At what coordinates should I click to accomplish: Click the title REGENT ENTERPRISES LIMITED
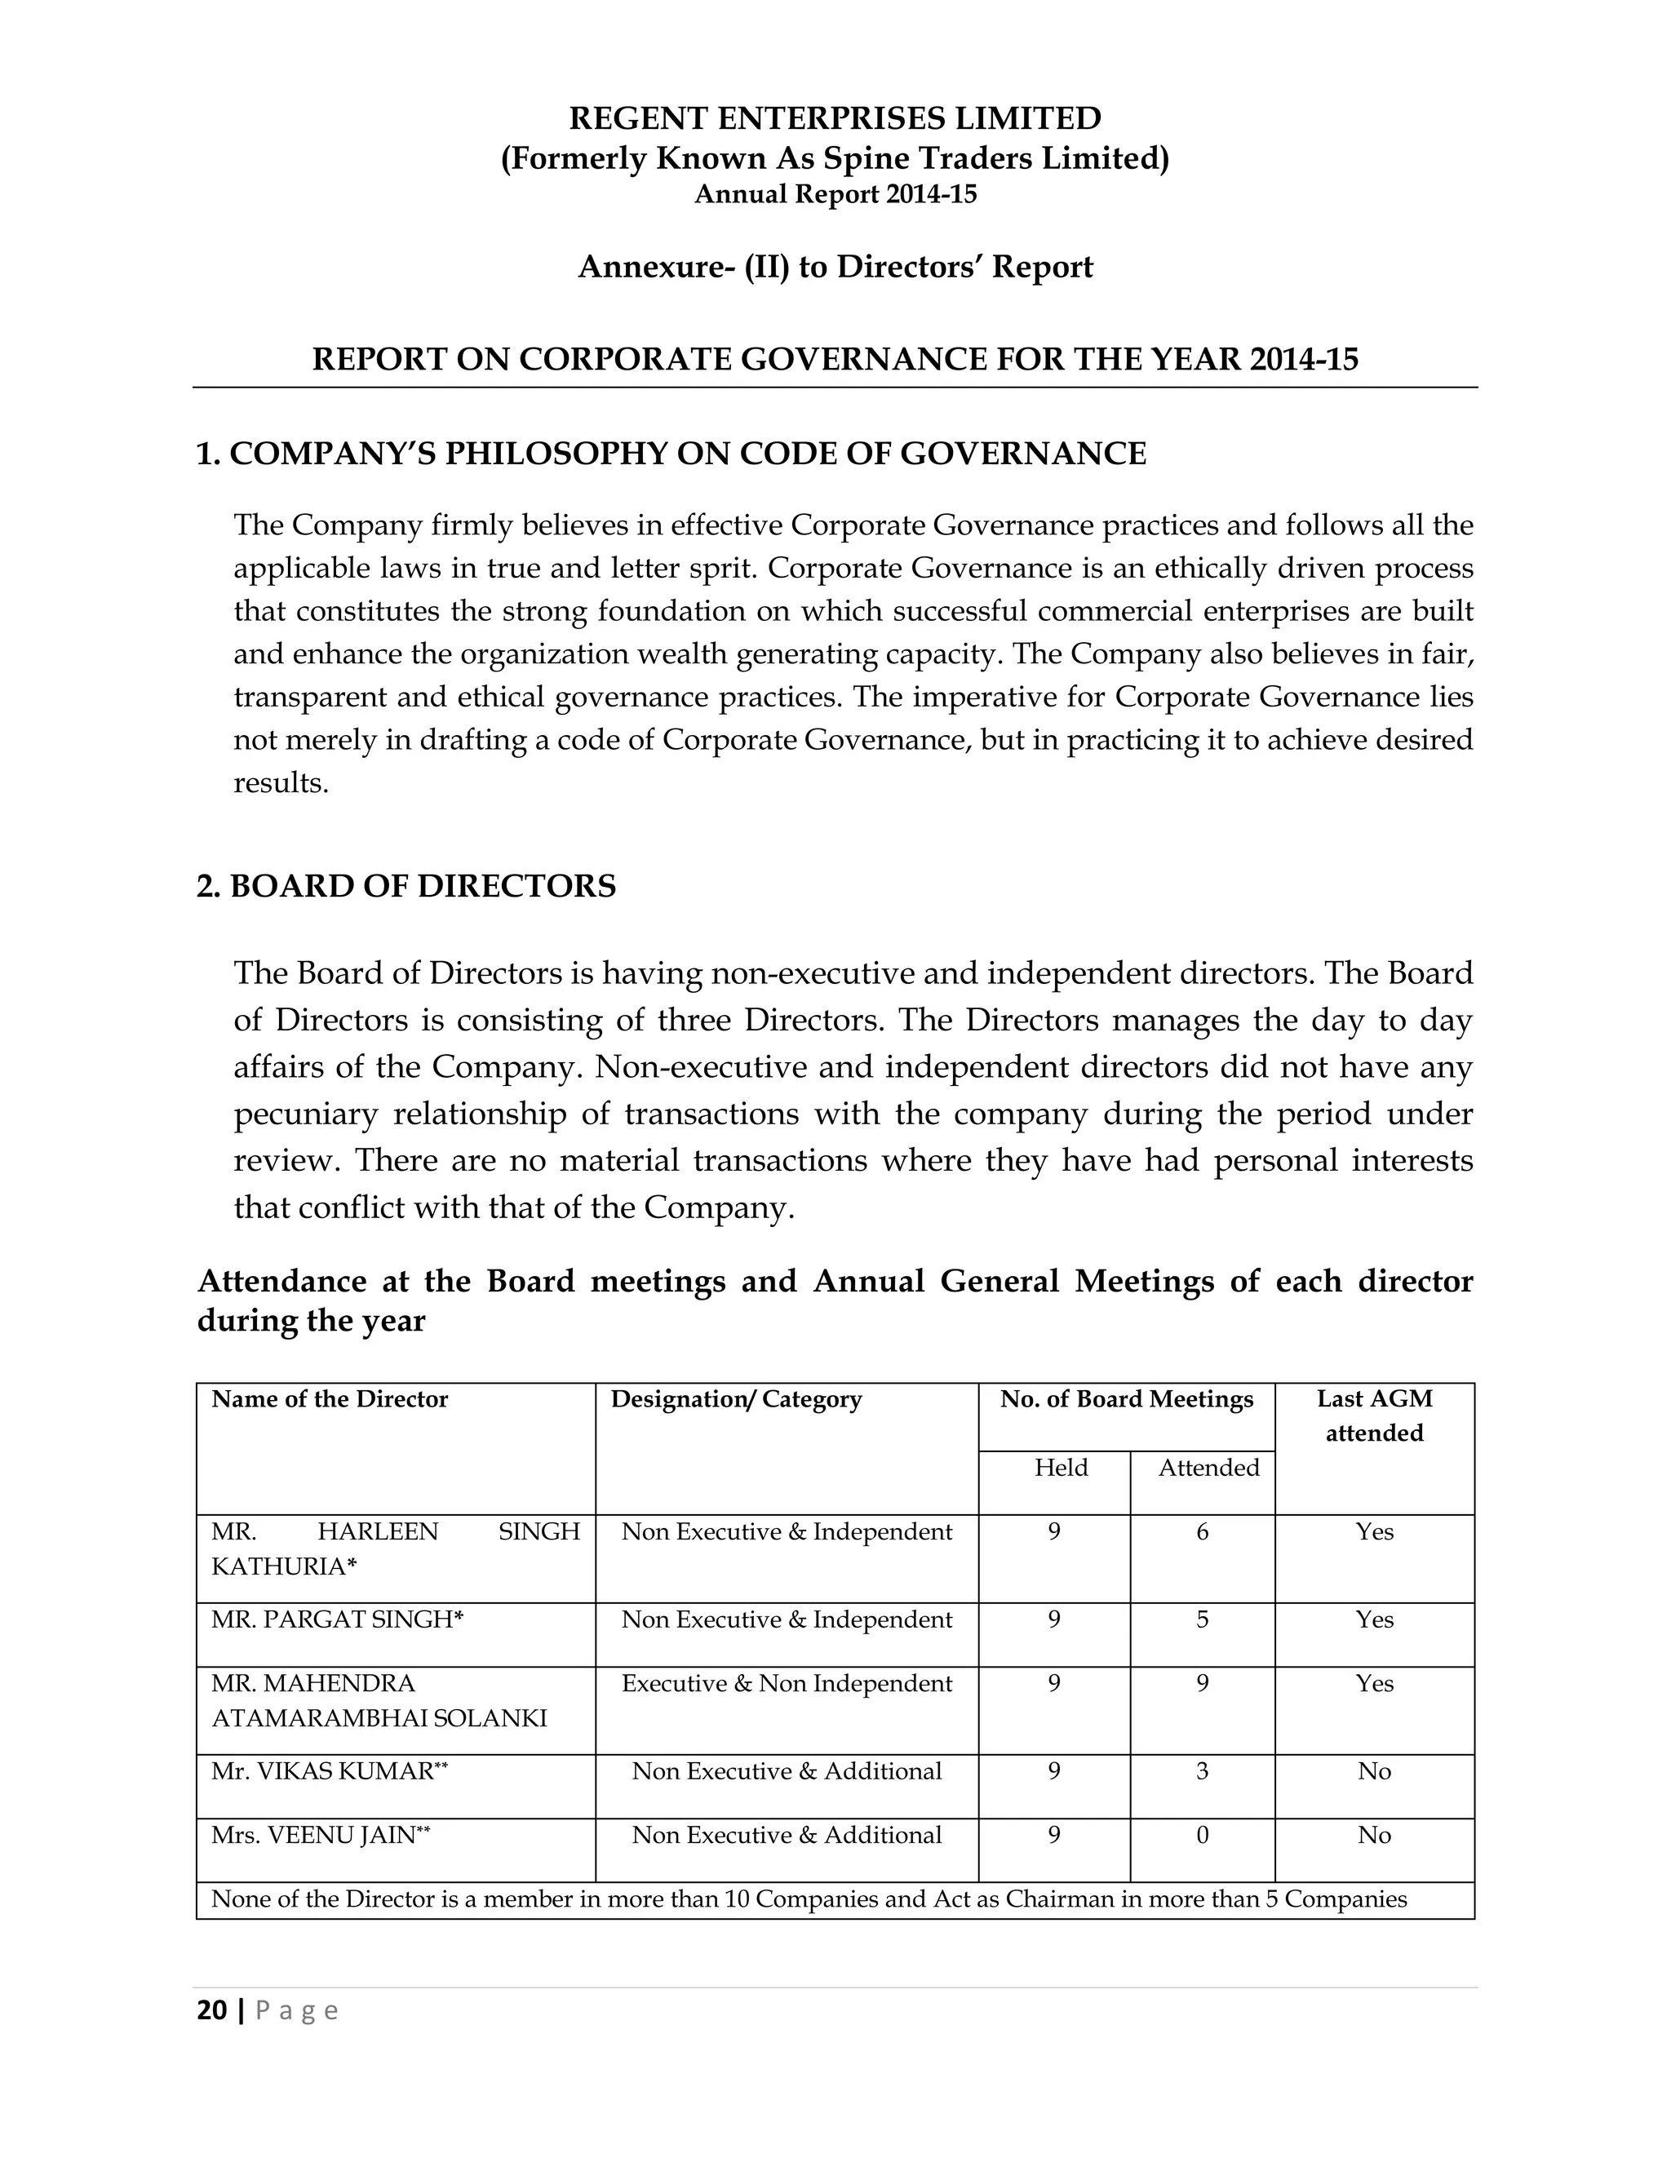point(835,119)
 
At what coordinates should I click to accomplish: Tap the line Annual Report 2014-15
point(835,195)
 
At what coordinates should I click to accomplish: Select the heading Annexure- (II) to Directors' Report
point(835,268)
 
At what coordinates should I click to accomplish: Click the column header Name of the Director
point(330,1398)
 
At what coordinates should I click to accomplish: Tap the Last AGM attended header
point(1374,1415)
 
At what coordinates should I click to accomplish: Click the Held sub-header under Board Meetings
point(1060,1467)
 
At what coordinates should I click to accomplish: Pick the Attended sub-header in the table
point(1208,1467)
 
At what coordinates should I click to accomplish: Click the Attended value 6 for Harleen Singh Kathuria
point(1202,1531)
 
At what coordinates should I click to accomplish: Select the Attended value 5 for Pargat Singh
point(1202,1619)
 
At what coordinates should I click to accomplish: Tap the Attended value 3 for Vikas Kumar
point(1202,1771)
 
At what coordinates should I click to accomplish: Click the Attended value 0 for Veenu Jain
point(1202,1836)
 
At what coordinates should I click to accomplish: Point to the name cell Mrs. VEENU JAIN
point(320,1836)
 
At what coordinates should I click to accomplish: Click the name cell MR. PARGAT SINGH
point(337,1619)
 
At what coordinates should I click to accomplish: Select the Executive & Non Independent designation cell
point(786,1684)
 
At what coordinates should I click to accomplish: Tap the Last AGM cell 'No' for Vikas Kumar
point(1374,1771)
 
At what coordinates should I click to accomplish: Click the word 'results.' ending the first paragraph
point(280,784)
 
